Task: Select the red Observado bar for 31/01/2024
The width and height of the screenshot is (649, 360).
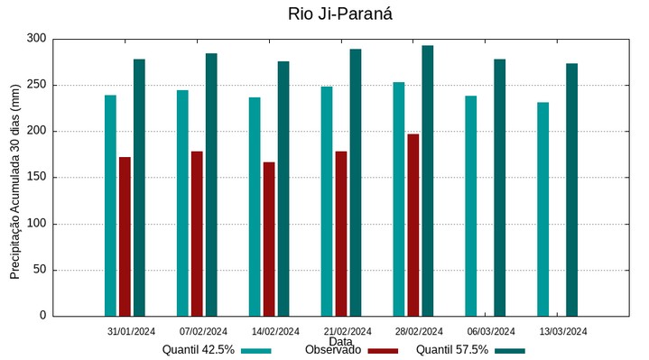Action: (x=125, y=236)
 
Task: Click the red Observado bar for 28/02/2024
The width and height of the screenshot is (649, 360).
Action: (x=413, y=225)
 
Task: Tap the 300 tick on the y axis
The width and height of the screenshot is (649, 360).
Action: (x=36, y=39)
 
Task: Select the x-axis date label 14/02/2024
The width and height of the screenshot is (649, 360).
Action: (x=275, y=331)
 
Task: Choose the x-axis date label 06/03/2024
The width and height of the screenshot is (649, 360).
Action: (x=491, y=331)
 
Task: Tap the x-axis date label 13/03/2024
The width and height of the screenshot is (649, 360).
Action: (x=563, y=331)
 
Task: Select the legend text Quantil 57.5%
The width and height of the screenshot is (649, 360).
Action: (x=452, y=350)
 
